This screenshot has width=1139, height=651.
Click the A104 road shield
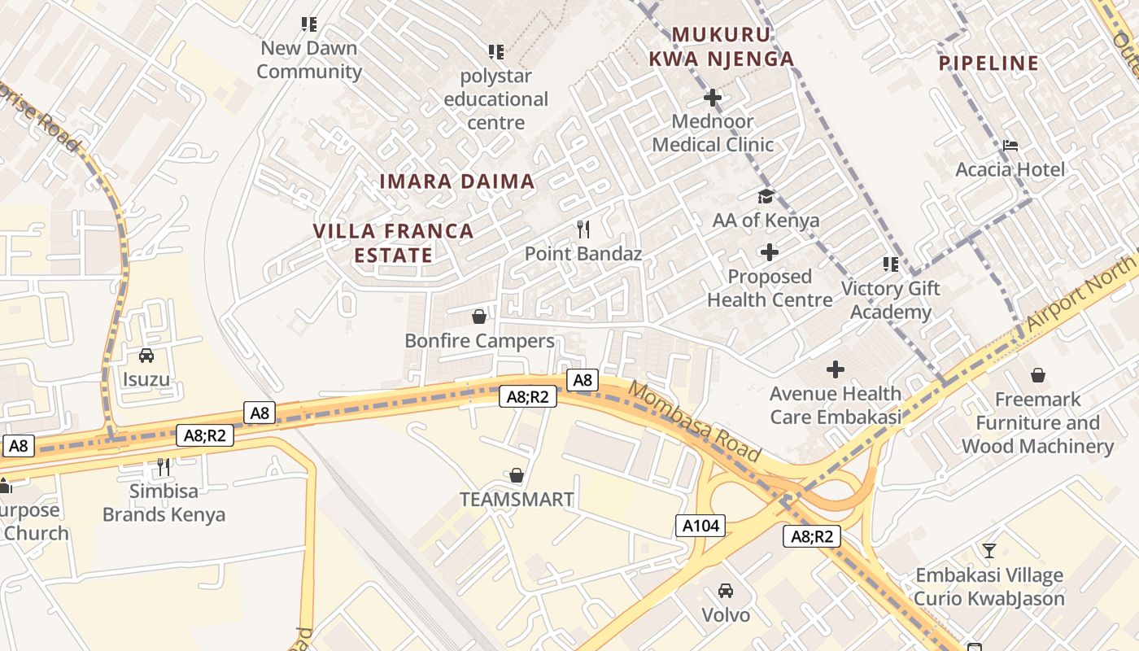700,526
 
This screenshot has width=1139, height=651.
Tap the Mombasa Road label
694,421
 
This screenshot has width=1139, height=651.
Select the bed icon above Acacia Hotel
1010,146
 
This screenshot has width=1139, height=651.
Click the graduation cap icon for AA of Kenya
766,196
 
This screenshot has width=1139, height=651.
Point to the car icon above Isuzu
146,356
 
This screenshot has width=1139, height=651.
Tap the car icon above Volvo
726,591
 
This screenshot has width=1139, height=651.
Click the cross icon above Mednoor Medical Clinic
713,98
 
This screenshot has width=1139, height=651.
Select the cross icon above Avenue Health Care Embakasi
836,370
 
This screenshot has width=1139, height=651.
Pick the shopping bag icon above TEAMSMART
516,475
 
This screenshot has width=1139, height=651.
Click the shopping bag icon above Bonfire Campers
479,317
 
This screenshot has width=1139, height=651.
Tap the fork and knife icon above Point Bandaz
583,229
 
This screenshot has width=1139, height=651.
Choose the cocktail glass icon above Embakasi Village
988,551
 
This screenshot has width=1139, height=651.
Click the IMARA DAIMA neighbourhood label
457,181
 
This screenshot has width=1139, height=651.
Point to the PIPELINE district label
988,63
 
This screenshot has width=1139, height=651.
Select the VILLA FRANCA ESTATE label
394,242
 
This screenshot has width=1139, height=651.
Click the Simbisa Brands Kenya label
164,503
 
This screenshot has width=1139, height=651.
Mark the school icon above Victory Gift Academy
891,264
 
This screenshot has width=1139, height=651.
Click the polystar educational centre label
495,99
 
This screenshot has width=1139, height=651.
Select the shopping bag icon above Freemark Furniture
1037,375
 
